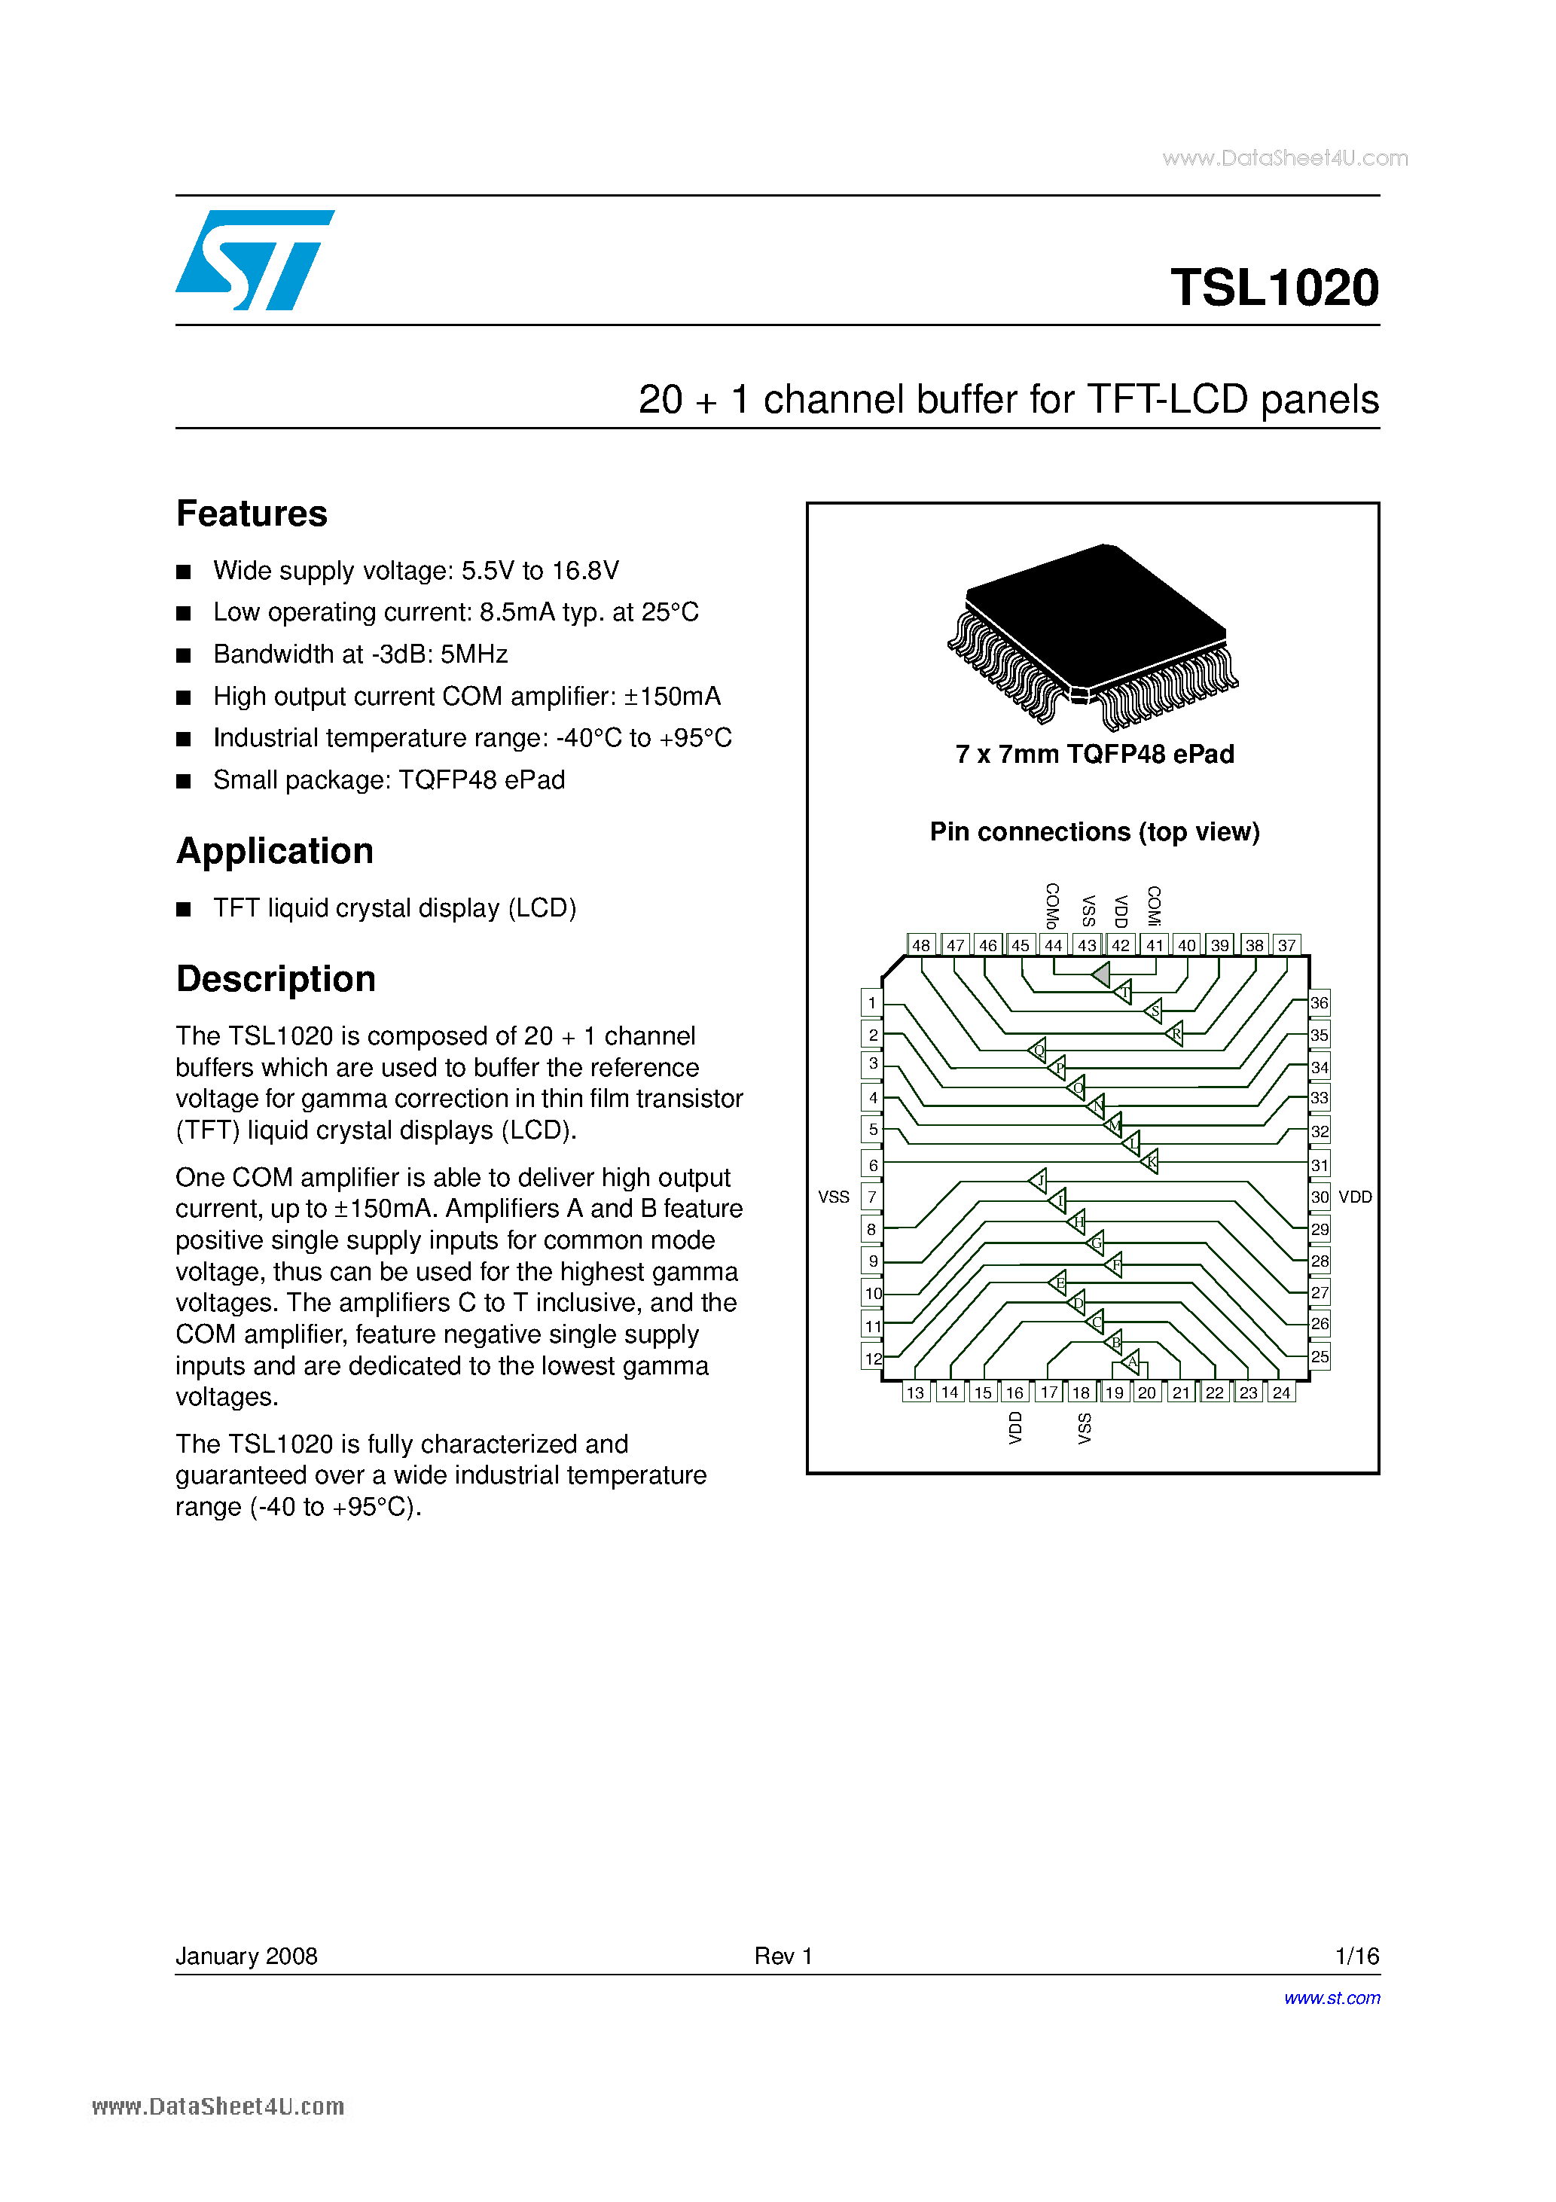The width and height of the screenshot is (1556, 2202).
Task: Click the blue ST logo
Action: (x=255, y=260)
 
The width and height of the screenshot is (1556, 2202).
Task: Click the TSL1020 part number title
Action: (x=1274, y=288)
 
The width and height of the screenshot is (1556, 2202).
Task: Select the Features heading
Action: (x=252, y=514)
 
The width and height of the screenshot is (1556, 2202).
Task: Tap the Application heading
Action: (x=274, y=852)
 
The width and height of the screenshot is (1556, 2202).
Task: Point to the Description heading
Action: (x=276, y=979)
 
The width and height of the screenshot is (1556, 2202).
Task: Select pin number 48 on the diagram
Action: (x=921, y=944)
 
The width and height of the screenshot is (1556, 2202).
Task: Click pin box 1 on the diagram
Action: (x=871, y=1003)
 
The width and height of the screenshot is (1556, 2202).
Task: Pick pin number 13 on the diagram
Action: (x=915, y=1392)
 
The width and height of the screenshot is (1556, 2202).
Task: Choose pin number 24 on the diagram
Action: (x=1282, y=1392)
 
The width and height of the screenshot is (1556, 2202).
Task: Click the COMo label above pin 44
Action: (x=1052, y=905)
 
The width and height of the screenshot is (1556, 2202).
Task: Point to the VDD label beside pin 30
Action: (x=1356, y=1197)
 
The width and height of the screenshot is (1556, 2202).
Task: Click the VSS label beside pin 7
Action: (x=834, y=1197)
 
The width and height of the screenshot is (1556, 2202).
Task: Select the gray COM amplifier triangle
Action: (x=1101, y=975)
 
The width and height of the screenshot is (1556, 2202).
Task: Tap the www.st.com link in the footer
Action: (x=1332, y=1998)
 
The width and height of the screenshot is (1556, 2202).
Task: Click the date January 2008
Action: (x=246, y=1956)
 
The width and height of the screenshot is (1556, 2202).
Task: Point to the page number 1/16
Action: (x=1356, y=1956)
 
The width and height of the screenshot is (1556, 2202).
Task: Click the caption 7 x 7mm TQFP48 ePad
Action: (x=1094, y=755)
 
